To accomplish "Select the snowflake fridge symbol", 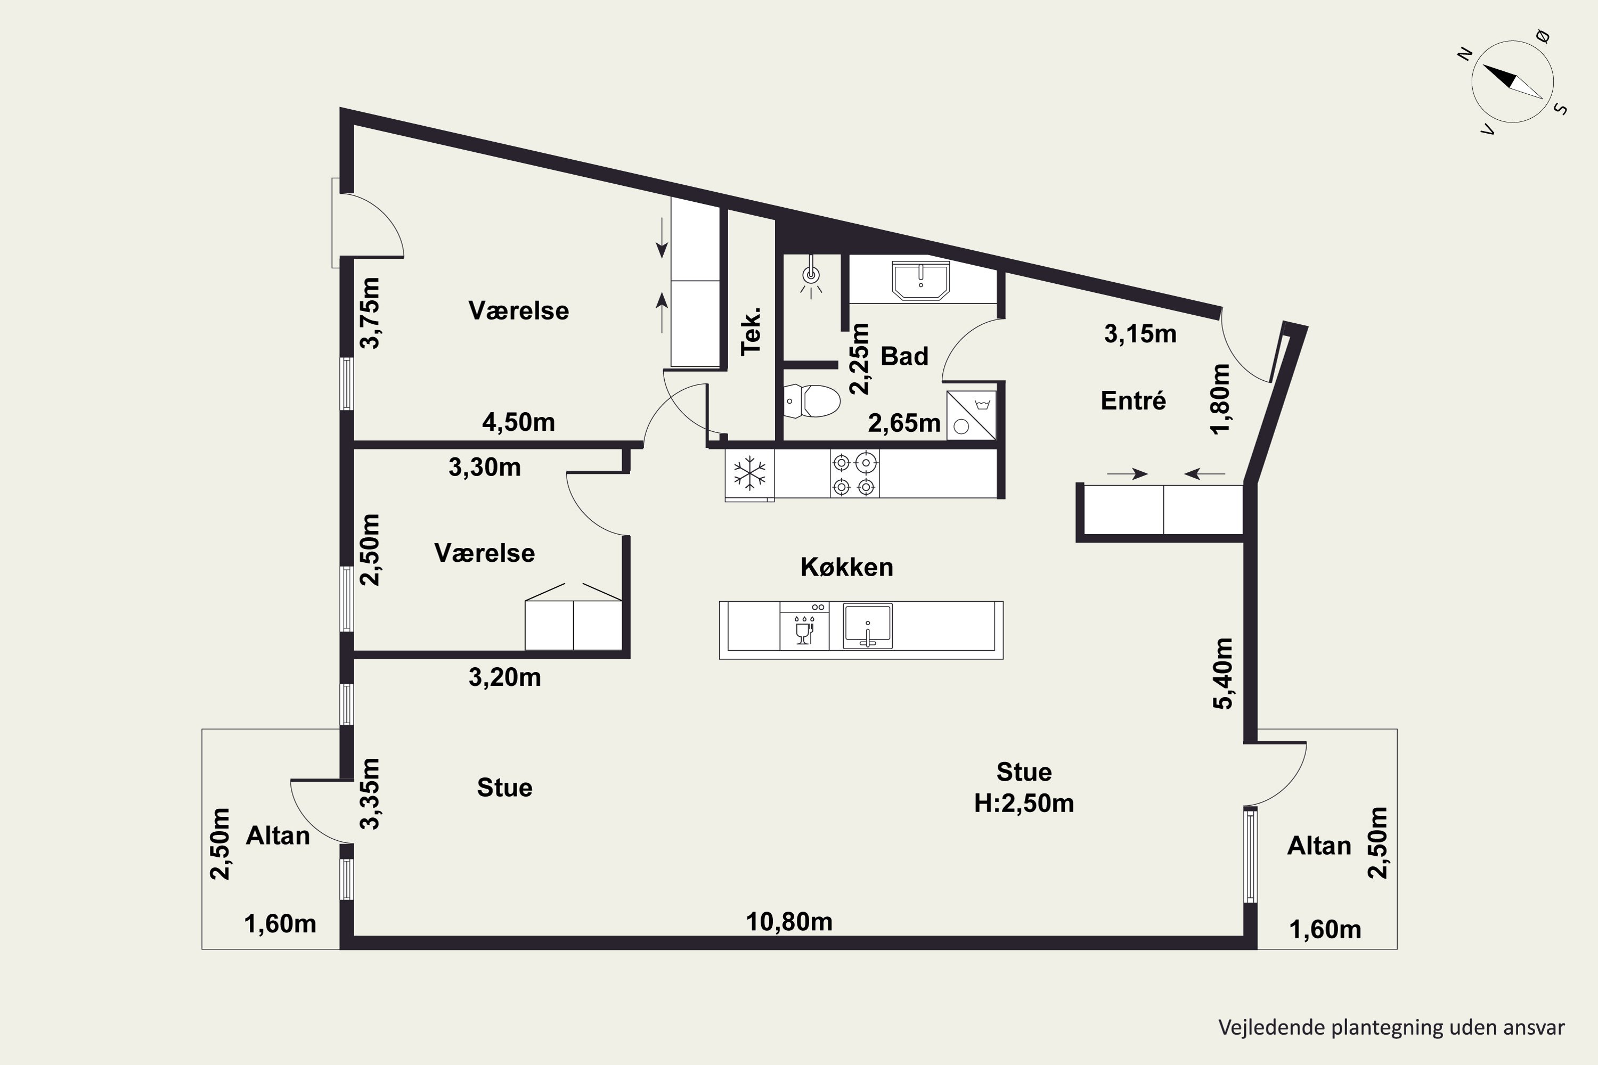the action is pyautogui.click(x=749, y=473).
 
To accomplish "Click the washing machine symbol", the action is pyautogui.click(x=972, y=415).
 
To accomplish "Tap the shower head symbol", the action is pyautogui.click(x=811, y=277).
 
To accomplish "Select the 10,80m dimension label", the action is pyautogui.click(x=789, y=922).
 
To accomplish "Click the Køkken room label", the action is pyautogui.click(x=846, y=567).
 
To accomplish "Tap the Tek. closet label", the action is pyautogui.click(x=751, y=331).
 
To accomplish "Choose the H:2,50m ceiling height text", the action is pyautogui.click(x=1024, y=804).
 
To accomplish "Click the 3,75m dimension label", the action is pyautogui.click(x=370, y=313).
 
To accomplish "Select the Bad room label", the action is pyautogui.click(x=904, y=356).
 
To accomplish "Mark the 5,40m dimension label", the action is pyautogui.click(x=1223, y=674).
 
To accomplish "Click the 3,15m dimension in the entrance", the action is pyautogui.click(x=1140, y=333).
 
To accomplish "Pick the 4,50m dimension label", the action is pyautogui.click(x=518, y=422).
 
